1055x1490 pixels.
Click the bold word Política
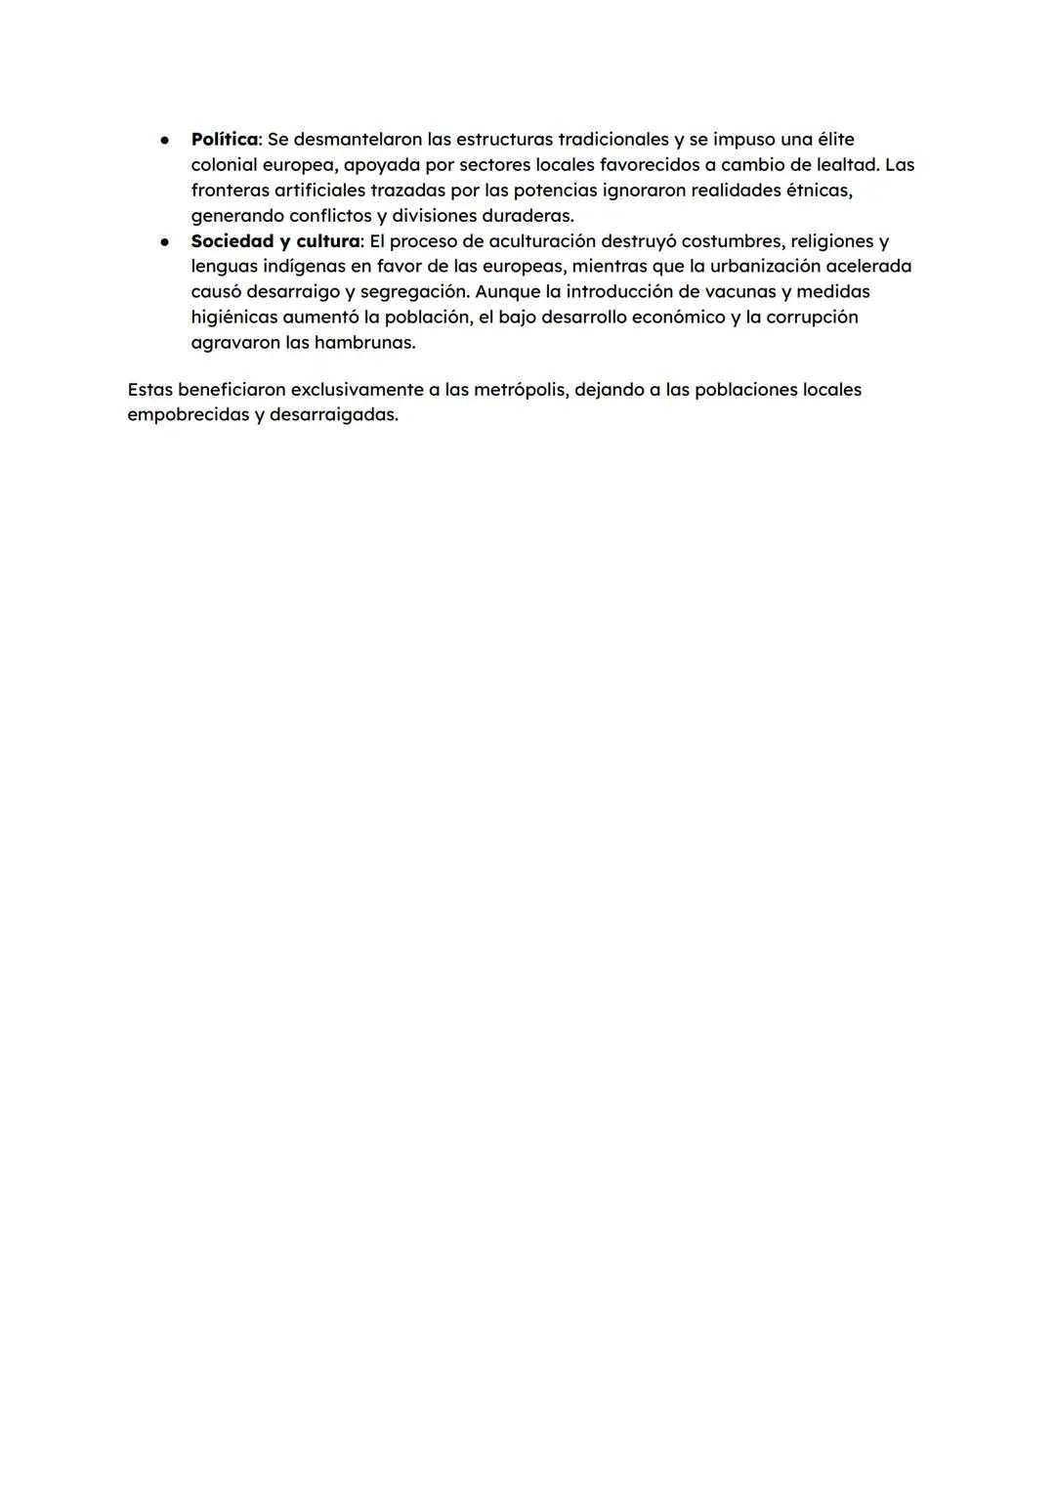tap(224, 140)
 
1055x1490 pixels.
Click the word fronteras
tap(230, 191)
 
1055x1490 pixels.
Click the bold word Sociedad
tap(232, 241)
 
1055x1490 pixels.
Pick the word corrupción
tap(812, 318)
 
